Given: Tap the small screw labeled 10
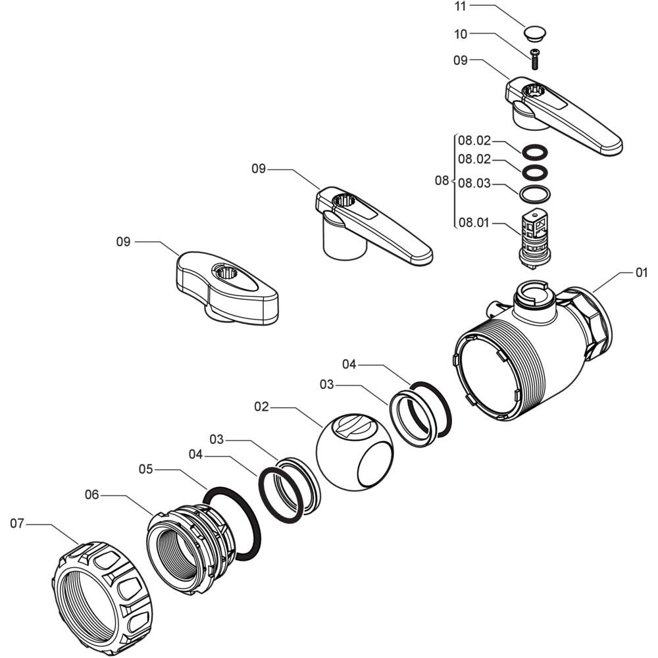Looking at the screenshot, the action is (534, 59).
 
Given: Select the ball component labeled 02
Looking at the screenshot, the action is (355, 451).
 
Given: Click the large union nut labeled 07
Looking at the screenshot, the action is (102, 599).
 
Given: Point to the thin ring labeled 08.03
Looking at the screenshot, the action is (534, 194).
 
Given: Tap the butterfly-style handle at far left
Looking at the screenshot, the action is (226, 288).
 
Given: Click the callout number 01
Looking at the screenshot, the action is (641, 273).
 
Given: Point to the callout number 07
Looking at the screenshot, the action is (17, 524).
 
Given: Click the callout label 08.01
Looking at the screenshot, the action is (474, 223).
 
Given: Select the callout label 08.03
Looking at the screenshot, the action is (474, 184).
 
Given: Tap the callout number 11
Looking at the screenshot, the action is (461, 7).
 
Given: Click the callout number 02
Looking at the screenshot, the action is (261, 407).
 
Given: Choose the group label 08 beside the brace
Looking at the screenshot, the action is (442, 181).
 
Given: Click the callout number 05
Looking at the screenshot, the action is (145, 469).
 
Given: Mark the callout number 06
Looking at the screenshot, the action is (92, 495).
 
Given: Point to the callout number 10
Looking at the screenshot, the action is (461, 34).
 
